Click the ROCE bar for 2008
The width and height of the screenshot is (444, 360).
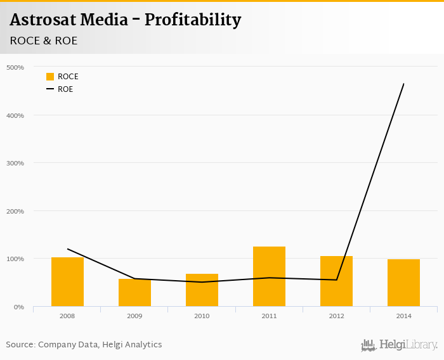pyautogui.click(x=67, y=282)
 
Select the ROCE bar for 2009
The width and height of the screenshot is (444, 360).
pyautogui.click(x=134, y=293)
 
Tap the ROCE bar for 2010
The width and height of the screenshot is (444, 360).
pyautogui.click(x=202, y=290)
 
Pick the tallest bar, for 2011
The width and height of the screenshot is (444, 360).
pyautogui.click(x=269, y=276)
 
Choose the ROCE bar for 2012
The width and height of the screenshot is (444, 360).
pyautogui.click(x=336, y=281)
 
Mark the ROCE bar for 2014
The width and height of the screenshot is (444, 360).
pyautogui.click(x=403, y=283)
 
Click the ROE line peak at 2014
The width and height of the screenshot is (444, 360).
pyautogui.click(x=403, y=84)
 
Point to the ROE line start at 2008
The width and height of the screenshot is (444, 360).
pyautogui.click(x=67, y=249)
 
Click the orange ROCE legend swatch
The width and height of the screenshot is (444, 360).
pyautogui.click(x=50, y=77)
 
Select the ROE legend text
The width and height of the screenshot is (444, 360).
pyautogui.click(x=65, y=89)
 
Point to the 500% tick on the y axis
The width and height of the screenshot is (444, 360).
pyautogui.click(x=15, y=67)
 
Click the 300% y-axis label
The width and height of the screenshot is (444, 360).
pyautogui.click(x=15, y=163)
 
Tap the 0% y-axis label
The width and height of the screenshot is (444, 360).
pyautogui.click(x=19, y=307)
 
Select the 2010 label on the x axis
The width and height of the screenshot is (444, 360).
pyautogui.click(x=202, y=315)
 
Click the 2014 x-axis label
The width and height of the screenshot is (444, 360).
pyautogui.click(x=403, y=315)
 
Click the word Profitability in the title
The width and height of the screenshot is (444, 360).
pyautogui.click(x=193, y=20)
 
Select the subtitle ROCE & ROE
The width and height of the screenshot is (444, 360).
pyautogui.click(x=44, y=41)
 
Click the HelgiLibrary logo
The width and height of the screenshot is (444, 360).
pyautogui.click(x=399, y=345)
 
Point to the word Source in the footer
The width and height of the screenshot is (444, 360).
pyautogui.click(x=20, y=345)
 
